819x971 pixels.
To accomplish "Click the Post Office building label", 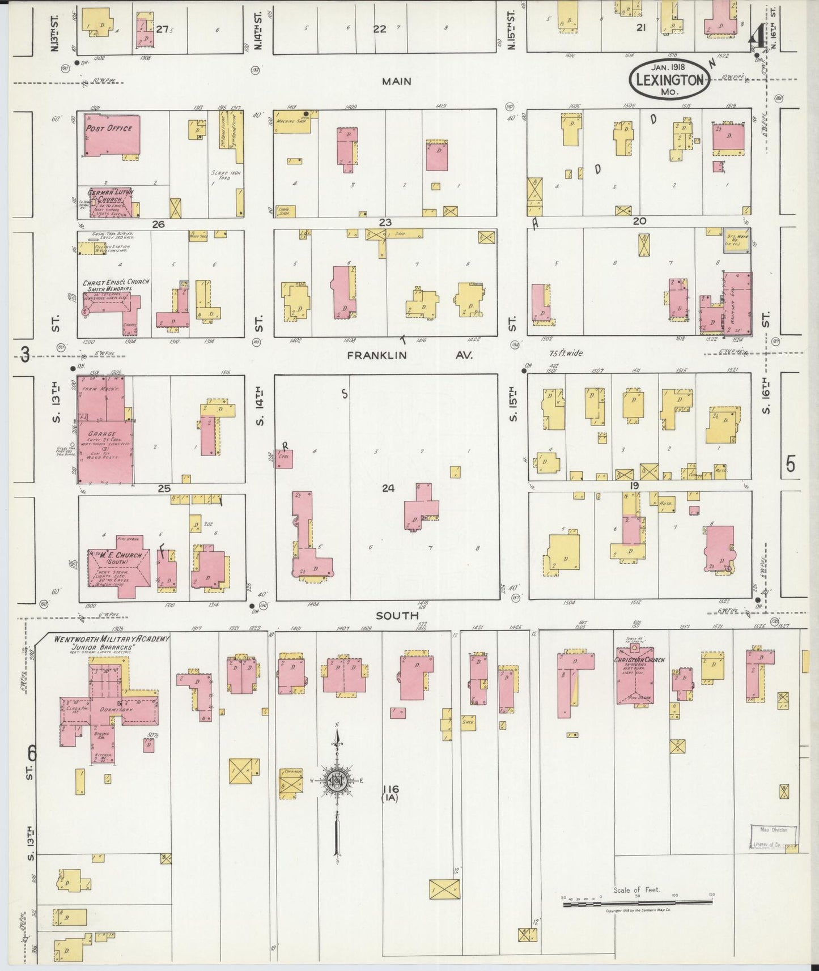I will click(x=108, y=129).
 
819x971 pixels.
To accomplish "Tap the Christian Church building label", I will click(x=640, y=660).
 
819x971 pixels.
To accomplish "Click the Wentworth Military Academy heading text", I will click(x=111, y=639).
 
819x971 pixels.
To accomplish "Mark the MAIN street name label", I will click(x=396, y=82).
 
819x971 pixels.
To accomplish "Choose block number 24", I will click(x=388, y=488).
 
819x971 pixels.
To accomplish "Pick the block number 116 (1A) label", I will click(x=391, y=793).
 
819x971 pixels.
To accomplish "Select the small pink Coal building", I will click(x=283, y=458).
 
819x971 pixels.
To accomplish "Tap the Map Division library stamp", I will click(x=773, y=837).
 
